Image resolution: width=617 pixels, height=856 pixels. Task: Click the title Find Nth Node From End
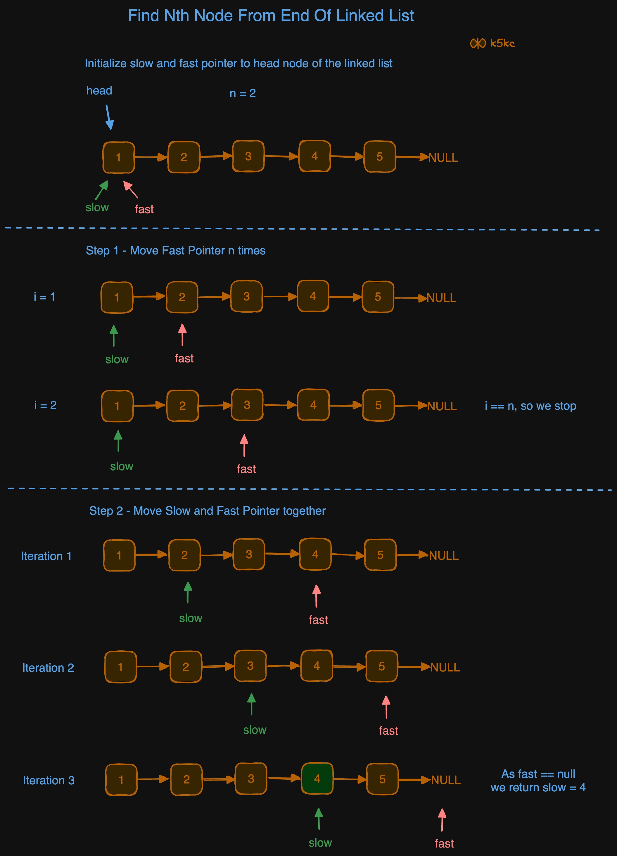point(270,16)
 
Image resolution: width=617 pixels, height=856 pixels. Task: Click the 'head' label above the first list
point(99,91)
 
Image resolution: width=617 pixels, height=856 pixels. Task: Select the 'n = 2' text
point(243,93)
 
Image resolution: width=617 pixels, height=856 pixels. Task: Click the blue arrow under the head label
point(109,117)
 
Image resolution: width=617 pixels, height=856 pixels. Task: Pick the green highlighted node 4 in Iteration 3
point(317,779)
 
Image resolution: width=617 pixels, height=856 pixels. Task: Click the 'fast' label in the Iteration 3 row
point(444,843)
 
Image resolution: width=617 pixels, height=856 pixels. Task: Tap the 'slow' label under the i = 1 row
point(117,359)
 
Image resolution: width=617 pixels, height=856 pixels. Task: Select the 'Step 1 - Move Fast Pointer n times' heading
point(175,251)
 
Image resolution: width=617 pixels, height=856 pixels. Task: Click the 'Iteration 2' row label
point(48,668)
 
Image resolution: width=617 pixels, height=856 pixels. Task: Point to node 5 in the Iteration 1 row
point(380,555)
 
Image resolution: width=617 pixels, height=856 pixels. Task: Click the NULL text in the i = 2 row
point(442,406)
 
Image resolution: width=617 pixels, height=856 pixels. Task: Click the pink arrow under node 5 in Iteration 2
point(386,707)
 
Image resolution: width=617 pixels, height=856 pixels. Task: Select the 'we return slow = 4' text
point(538,788)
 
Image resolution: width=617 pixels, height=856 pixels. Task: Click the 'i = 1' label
point(44,297)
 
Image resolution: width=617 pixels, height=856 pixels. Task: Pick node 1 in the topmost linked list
point(118,157)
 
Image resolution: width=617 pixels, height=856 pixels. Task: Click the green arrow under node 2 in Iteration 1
point(187,592)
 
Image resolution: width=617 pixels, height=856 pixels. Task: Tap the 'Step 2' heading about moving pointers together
point(207,511)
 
